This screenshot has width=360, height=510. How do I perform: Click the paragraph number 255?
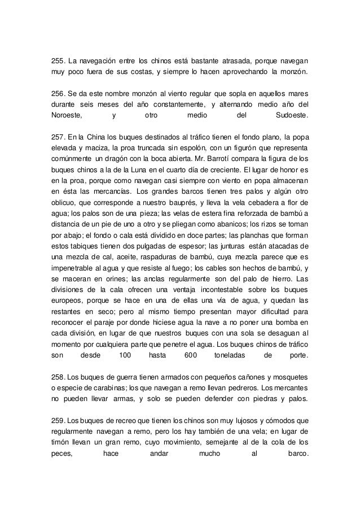pos(56,60)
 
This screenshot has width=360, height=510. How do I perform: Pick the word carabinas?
pos(109,389)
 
